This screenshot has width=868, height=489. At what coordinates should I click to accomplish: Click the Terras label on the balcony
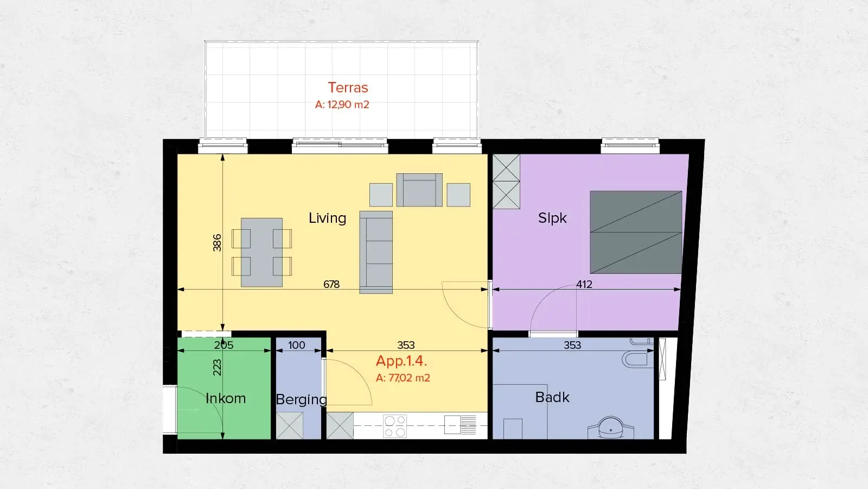348,87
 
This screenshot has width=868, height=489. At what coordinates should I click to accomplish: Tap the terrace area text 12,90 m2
342,104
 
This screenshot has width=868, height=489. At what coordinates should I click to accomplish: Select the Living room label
327,218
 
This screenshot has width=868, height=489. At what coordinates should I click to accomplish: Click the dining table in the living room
261,253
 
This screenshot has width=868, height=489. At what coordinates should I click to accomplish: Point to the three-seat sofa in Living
376,253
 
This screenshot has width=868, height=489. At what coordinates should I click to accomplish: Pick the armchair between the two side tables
419,190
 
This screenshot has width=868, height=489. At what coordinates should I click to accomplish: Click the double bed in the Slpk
636,232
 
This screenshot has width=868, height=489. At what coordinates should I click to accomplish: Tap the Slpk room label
552,218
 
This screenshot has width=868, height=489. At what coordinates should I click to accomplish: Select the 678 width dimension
331,284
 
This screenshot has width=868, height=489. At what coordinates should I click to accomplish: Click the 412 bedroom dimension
584,284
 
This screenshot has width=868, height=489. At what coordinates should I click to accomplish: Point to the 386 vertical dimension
217,242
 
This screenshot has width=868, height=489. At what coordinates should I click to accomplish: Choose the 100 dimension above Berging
296,345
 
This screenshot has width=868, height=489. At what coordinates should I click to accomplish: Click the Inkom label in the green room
226,398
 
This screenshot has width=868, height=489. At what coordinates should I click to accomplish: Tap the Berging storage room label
301,399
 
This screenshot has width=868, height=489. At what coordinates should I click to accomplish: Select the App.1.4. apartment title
401,361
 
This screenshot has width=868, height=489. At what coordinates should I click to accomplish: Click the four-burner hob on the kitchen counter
395,426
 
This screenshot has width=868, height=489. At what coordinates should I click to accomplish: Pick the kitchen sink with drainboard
460,424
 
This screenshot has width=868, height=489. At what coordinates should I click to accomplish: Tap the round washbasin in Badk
611,428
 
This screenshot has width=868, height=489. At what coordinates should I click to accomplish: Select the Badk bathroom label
552,397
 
